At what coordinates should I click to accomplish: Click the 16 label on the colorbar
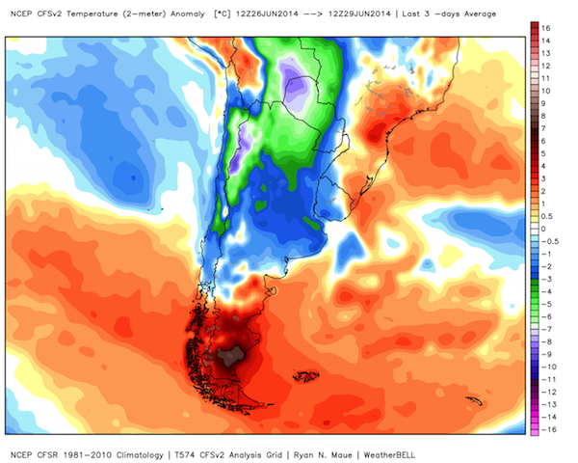[x=546, y=28]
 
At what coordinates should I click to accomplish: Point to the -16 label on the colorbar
[x=548, y=430]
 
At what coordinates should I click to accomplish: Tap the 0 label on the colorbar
[x=543, y=229]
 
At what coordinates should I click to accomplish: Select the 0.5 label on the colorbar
[x=546, y=216]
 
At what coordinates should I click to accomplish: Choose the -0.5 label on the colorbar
[x=550, y=241]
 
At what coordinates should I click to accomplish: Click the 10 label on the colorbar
[x=546, y=91]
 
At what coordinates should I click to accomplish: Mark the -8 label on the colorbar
[x=546, y=341]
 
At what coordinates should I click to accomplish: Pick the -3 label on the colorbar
[x=546, y=279]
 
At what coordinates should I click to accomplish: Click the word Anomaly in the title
[x=187, y=14]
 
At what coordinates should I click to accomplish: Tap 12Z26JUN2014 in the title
[x=267, y=14]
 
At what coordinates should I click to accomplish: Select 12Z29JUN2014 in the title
[x=359, y=14]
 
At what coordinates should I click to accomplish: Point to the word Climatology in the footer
[x=140, y=455]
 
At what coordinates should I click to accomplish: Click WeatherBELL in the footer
[x=389, y=455]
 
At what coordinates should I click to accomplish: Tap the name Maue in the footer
[x=342, y=455]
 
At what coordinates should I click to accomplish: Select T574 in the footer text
[x=184, y=455]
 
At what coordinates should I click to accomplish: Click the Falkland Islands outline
[x=305, y=376]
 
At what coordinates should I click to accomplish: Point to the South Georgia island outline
[x=474, y=401]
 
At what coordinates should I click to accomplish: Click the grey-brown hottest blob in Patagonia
[x=230, y=356]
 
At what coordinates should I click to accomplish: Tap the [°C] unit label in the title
[x=223, y=14]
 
